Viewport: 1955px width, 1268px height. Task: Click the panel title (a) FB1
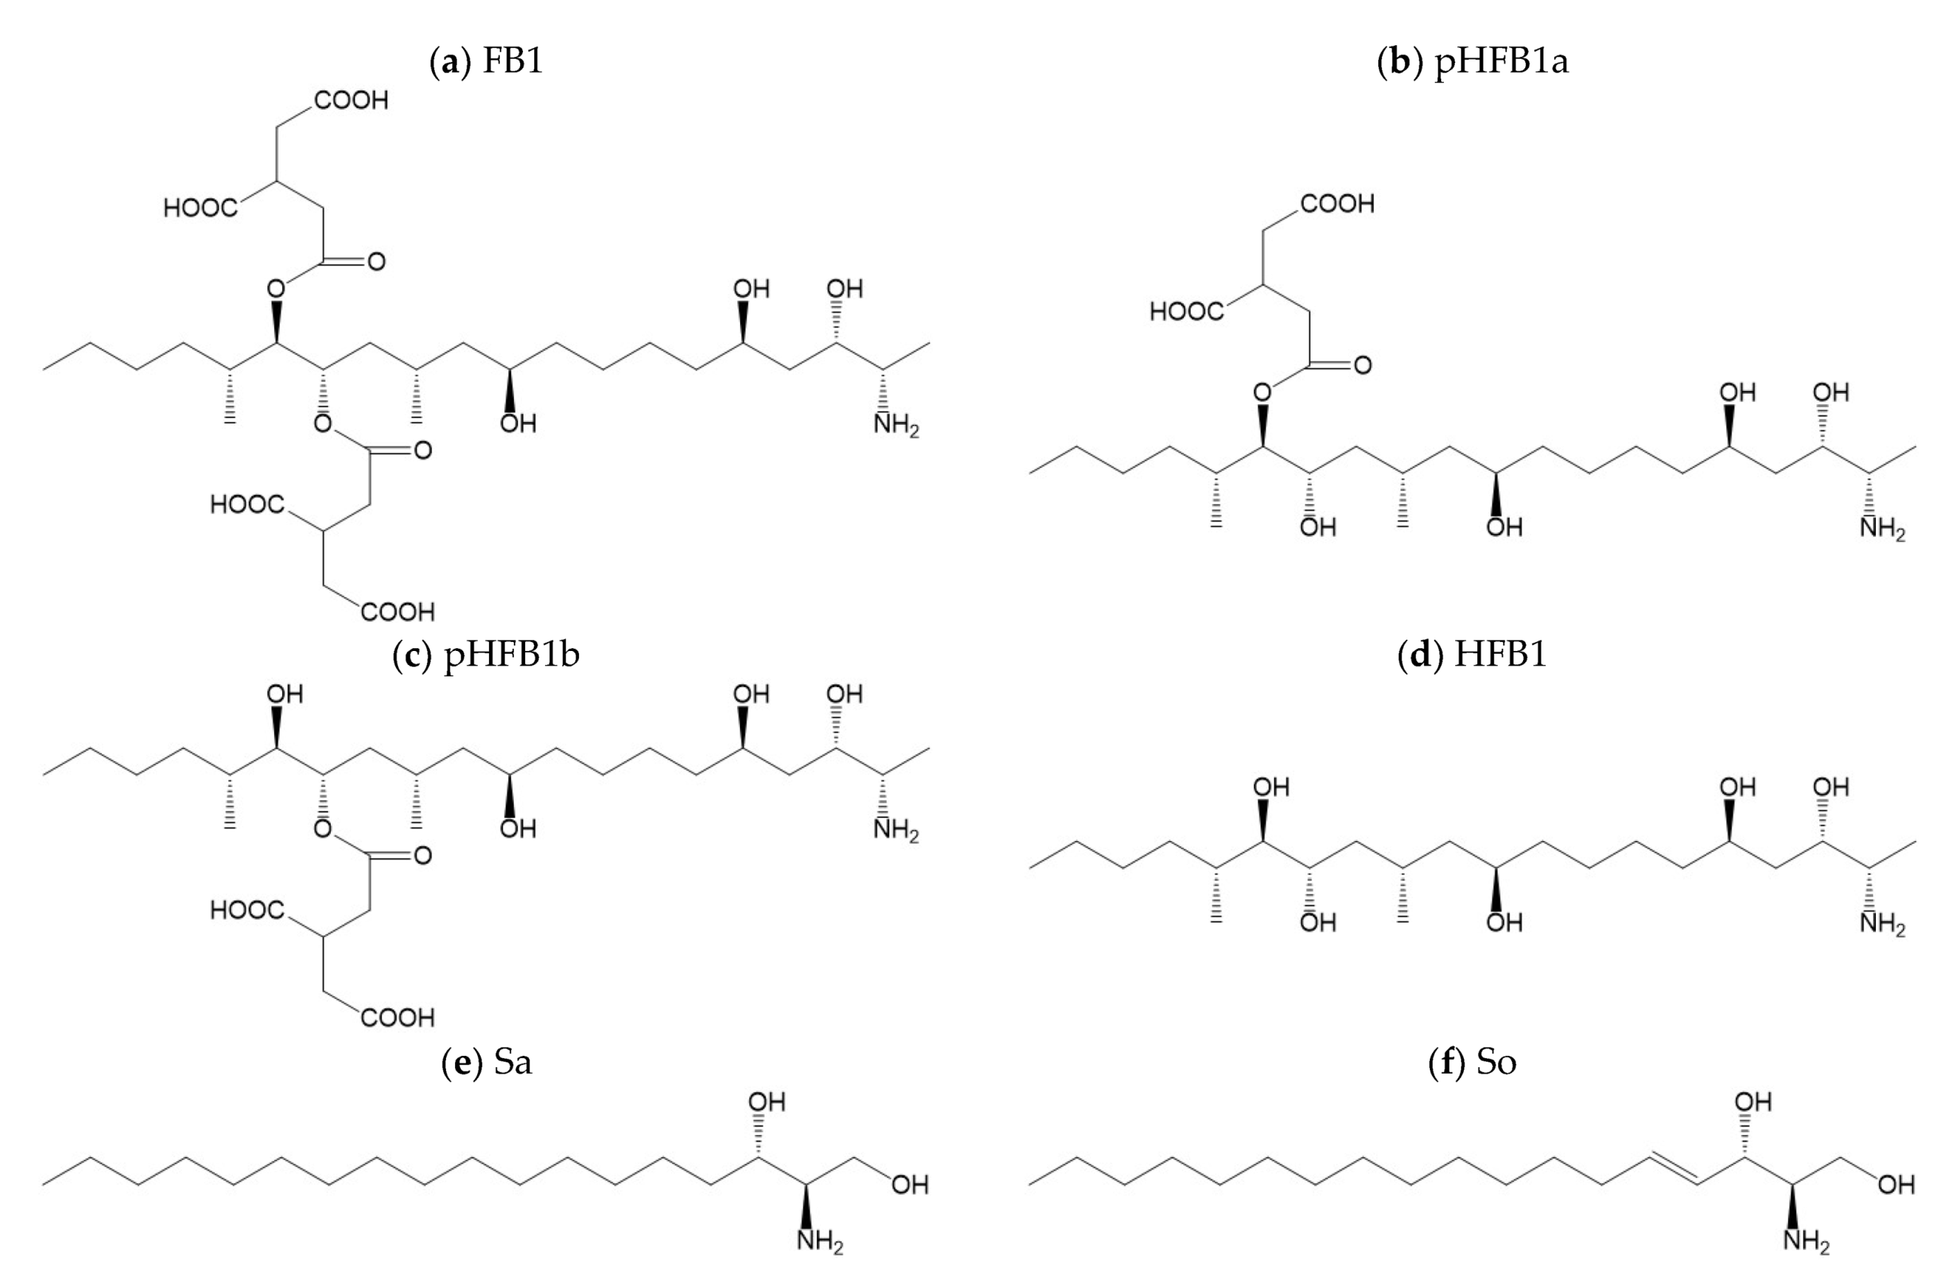click(x=486, y=61)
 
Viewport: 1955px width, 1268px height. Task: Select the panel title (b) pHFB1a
click(x=1472, y=61)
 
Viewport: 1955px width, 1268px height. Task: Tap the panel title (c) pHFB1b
click(x=486, y=654)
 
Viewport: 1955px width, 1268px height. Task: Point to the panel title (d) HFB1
click(x=1472, y=654)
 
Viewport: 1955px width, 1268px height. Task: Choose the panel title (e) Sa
click(x=486, y=1062)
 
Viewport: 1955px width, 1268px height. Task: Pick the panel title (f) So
click(x=1472, y=1062)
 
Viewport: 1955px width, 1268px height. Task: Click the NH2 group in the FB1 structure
click(x=896, y=425)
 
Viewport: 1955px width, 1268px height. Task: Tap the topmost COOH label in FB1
click(x=351, y=100)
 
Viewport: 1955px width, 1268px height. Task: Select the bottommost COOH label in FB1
click(x=397, y=611)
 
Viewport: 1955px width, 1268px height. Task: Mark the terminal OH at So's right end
click(x=1896, y=1184)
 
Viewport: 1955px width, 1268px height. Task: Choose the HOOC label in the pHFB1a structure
click(x=1186, y=311)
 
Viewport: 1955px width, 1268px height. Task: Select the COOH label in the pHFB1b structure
click(x=397, y=1018)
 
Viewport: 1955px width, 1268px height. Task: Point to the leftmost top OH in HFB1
click(x=1271, y=787)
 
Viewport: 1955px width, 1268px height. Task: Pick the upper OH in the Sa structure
click(x=766, y=1101)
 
